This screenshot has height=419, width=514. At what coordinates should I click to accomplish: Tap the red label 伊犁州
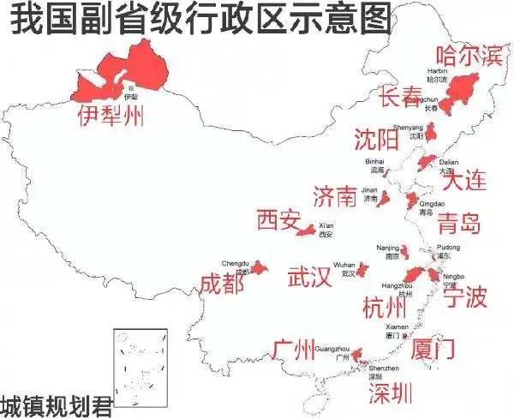[111, 115]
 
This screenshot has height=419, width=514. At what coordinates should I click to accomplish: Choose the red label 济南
[335, 197]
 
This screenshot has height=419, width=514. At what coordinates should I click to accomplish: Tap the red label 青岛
[458, 225]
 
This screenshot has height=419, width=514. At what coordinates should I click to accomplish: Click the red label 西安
[278, 220]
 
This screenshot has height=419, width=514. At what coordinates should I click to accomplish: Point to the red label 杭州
[385, 306]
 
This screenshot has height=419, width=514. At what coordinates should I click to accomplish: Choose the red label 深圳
[390, 393]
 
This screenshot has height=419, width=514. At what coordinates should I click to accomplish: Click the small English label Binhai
[375, 161]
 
